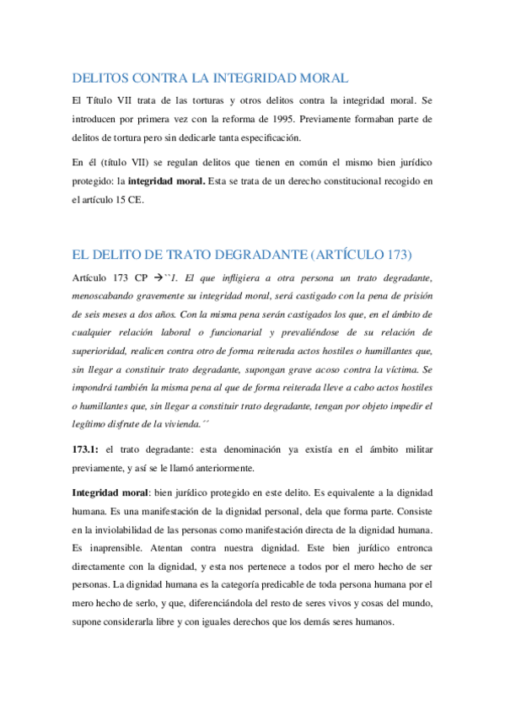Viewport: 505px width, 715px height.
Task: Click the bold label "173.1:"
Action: pyautogui.click(x=87, y=449)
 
